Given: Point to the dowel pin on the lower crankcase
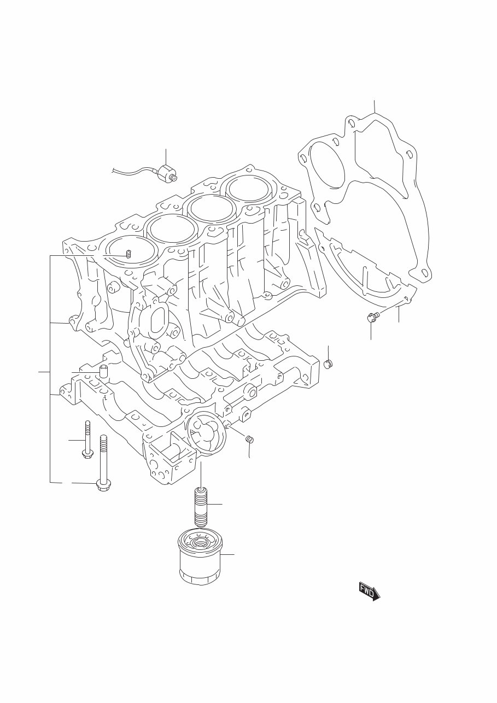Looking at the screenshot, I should click(103, 373).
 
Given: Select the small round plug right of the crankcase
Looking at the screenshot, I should click(329, 364).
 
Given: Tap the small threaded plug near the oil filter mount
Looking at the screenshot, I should click(249, 438).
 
